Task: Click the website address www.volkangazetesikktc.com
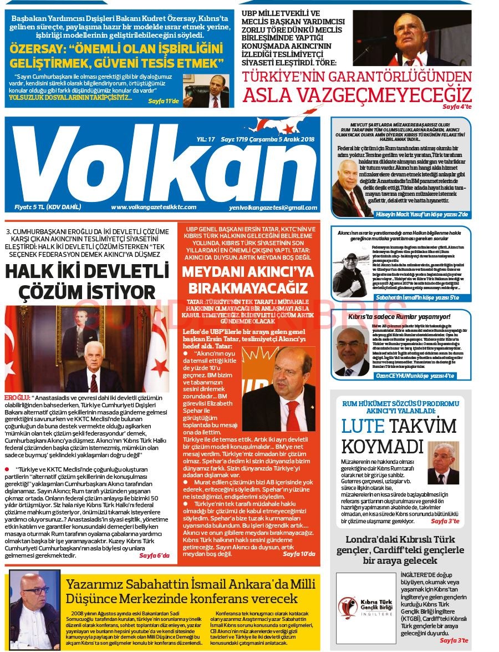(154, 208)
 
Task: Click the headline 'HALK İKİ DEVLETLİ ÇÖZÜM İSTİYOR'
(87, 281)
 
